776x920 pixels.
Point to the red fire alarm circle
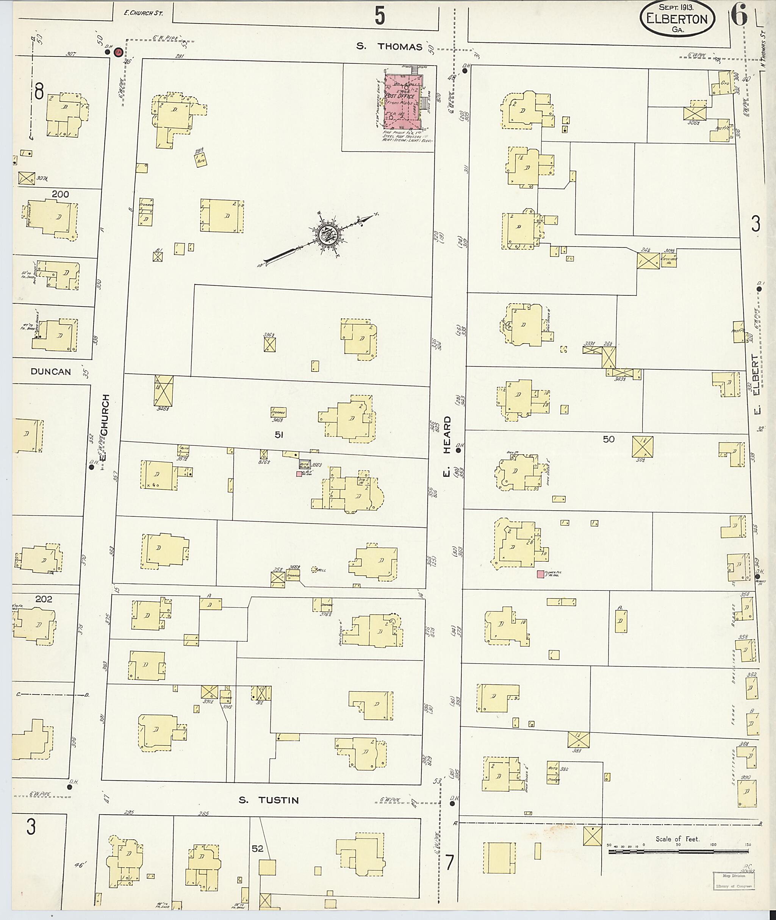[117, 52]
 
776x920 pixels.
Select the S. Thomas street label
[389, 47]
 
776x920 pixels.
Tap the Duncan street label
[51, 372]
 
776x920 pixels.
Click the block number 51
[278, 435]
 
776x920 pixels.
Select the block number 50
[609, 439]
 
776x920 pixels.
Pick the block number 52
[257, 848]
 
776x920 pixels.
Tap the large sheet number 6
[739, 17]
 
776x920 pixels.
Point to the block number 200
[60, 194]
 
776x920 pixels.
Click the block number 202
[44, 598]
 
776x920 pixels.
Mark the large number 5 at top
[380, 17]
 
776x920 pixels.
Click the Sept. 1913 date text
[676, 7]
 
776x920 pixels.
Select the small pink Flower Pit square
[540, 574]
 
